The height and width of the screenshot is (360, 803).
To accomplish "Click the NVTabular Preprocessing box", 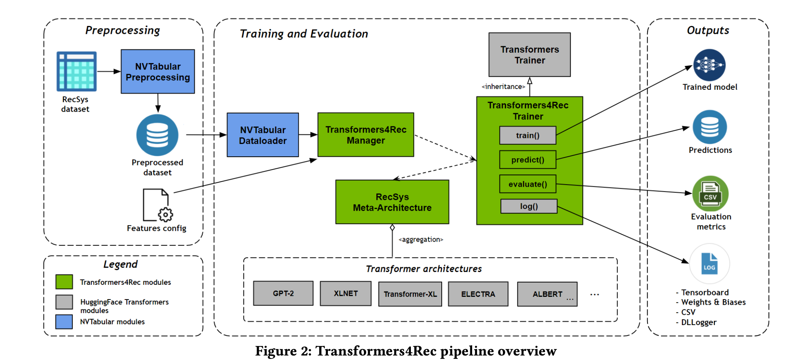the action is click(x=158, y=71).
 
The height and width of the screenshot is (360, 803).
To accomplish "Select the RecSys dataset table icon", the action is click(x=77, y=71).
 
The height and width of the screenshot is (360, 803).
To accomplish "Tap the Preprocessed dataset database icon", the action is click(x=157, y=135).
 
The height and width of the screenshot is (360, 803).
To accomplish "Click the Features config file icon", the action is click(x=158, y=205).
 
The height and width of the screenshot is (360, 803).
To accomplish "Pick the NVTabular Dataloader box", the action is click(x=263, y=135).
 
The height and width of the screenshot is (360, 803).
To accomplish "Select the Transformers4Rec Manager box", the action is click(x=366, y=135).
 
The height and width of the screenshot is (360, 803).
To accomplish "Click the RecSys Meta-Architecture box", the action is click(x=392, y=202).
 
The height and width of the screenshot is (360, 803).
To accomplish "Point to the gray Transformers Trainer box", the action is click(x=530, y=55).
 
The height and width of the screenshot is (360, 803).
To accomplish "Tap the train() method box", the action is click(x=528, y=135).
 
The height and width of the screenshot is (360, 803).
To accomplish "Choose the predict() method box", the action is click(x=528, y=160).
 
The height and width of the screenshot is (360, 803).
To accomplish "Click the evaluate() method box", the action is click(x=528, y=184).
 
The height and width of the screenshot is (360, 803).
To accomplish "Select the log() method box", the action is click(x=529, y=206).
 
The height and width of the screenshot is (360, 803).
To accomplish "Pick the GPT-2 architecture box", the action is click(x=283, y=293).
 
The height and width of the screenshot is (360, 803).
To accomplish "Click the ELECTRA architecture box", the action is click(x=478, y=294).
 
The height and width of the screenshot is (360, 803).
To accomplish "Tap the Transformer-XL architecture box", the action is click(x=410, y=294).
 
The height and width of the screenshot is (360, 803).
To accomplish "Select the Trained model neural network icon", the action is click(x=709, y=65).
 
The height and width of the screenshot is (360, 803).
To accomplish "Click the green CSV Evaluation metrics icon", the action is click(x=710, y=194).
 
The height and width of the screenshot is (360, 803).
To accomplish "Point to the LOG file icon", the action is click(x=709, y=263).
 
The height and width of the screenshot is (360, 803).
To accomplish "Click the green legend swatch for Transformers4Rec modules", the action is click(x=64, y=281).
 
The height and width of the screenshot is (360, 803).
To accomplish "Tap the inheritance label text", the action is click(x=503, y=87).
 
